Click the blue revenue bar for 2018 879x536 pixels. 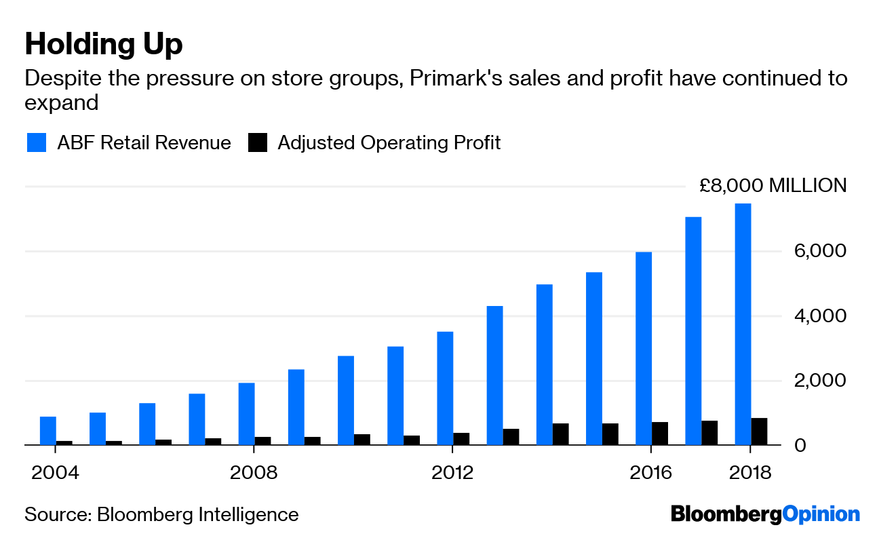pyautogui.click(x=743, y=324)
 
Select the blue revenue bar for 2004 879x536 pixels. pyautogui.click(x=48, y=431)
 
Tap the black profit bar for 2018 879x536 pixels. pyautogui.click(x=759, y=432)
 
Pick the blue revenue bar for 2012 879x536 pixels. pyautogui.click(x=445, y=388)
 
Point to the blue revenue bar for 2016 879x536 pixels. pyautogui.click(x=644, y=349)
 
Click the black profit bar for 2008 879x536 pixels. pyautogui.click(x=262, y=441)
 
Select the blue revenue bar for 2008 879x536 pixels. pyautogui.click(x=246, y=414)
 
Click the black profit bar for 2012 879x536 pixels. pyautogui.click(x=461, y=439)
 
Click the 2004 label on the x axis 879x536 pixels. pyautogui.click(x=56, y=472)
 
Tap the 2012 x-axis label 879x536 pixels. pyautogui.click(x=452, y=472)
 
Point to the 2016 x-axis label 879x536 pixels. pyautogui.click(x=651, y=472)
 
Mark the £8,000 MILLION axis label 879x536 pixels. pyautogui.click(x=773, y=186)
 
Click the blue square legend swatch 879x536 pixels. pyautogui.click(x=37, y=142)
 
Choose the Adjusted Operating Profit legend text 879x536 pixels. pyautogui.click(x=389, y=142)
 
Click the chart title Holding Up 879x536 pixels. pyautogui.click(x=104, y=45)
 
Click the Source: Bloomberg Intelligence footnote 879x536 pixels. pyautogui.click(x=161, y=514)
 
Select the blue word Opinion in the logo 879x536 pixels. pyautogui.click(x=821, y=514)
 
